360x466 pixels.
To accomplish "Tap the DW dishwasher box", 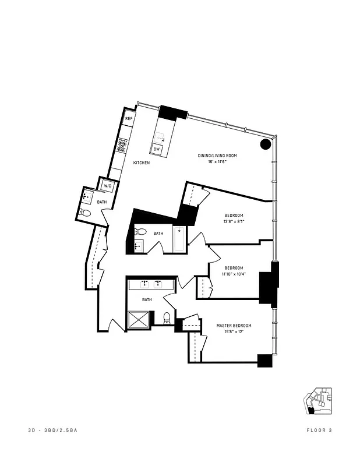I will coord(157,150).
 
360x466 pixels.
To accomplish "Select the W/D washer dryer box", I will coord(108,186).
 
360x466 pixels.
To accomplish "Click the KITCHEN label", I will coord(142,163).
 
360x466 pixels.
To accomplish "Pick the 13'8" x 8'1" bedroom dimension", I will coord(234,221).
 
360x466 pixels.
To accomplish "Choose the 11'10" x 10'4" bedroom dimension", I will coord(234,274).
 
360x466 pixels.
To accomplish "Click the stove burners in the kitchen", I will coord(123,146).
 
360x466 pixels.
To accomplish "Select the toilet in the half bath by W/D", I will coord(86,213).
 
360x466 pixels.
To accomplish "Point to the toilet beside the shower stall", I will coord(167,318).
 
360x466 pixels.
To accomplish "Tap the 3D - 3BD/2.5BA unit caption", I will coord(52,430).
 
